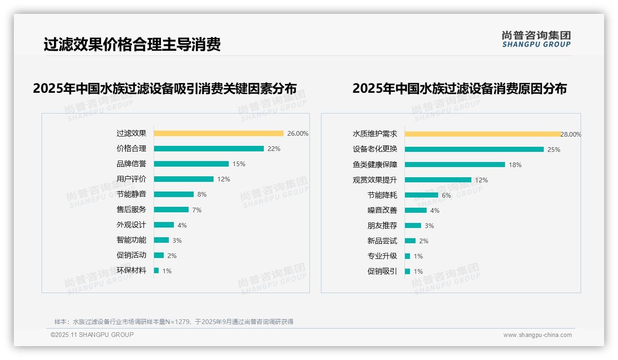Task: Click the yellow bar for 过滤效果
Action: [219, 133]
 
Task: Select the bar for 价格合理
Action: [208, 149]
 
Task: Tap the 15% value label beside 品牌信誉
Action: [239, 164]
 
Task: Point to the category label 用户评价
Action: [131, 179]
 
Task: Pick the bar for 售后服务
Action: [171, 210]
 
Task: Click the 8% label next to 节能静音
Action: [202, 194]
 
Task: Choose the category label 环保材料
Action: [131, 270]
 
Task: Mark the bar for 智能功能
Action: [161, 240]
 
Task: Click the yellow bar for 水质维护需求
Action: [482, 134]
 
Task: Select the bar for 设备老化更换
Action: [474, 150]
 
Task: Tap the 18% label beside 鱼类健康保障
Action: [515, 165]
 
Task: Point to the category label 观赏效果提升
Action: [374, 180]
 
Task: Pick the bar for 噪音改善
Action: [416, 210]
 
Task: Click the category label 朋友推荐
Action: [382, 226]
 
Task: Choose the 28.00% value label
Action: [571, 134]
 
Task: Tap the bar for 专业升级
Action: [407, 256]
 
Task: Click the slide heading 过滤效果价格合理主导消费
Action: [132, 44]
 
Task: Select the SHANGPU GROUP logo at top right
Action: [536, 39]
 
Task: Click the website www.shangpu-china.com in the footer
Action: [537, 335]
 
